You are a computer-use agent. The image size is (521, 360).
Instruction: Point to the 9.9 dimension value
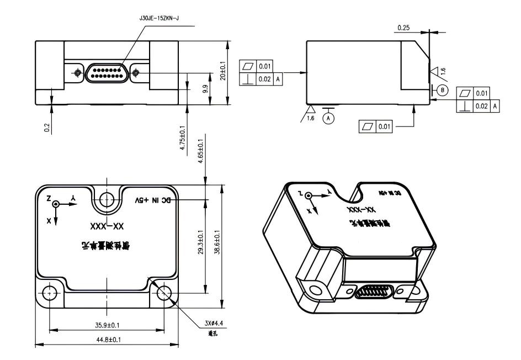click(x=205, y=88)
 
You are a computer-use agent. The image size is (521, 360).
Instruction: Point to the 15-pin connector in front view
click(x=107, y=72)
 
